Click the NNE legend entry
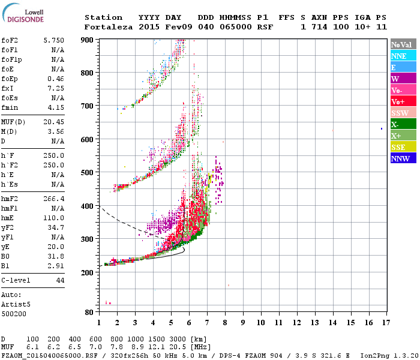[403, 56]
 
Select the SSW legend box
[403, 113]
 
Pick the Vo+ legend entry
[403, 101]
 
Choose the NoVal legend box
[403, 44]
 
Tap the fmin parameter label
[10, 107]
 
